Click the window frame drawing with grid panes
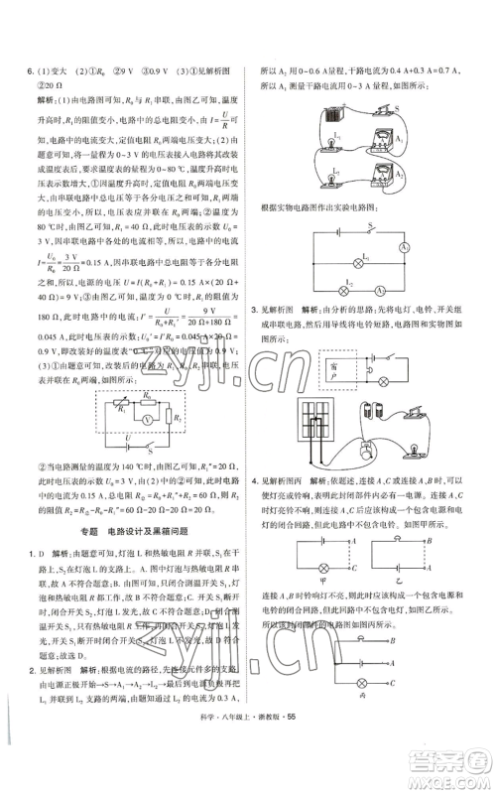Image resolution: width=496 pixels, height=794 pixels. point(321,414)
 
